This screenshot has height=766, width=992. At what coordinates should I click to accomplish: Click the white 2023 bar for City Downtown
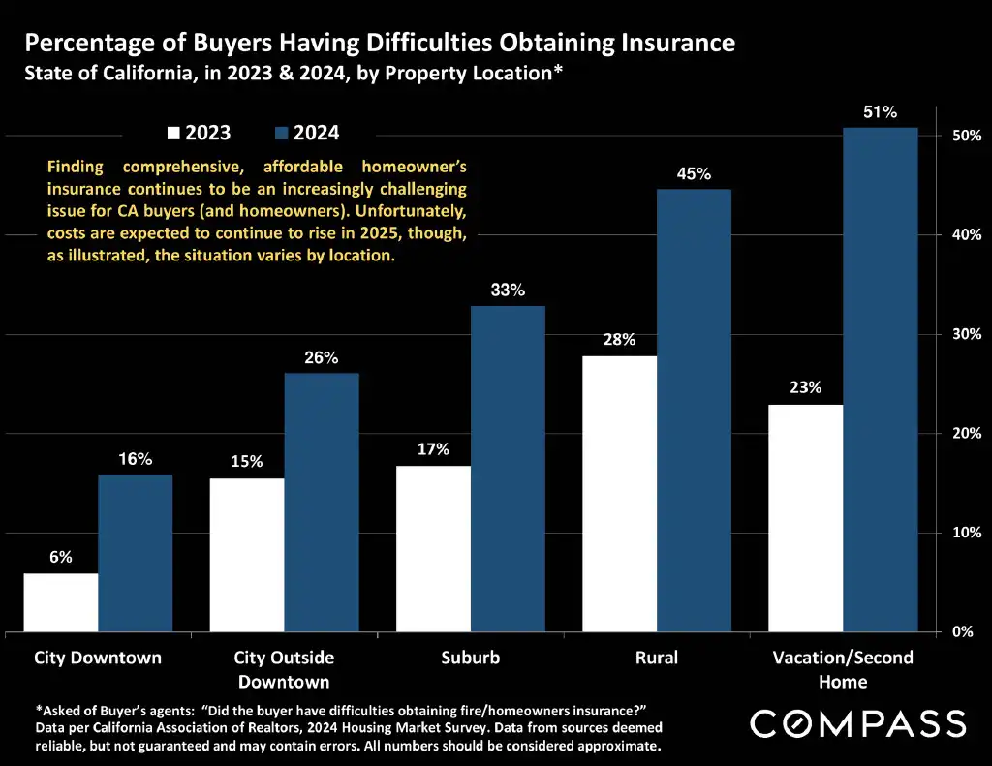61,602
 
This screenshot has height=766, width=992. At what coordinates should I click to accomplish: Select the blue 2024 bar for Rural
694,411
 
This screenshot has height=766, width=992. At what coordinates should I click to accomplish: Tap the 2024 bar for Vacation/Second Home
880,380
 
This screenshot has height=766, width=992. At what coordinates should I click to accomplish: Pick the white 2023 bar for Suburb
433,549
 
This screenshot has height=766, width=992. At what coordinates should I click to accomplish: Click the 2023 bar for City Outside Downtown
247,555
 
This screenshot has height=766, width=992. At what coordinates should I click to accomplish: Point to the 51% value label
880,112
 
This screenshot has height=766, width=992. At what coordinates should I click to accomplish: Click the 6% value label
61,558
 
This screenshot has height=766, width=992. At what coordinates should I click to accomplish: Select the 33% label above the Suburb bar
508,290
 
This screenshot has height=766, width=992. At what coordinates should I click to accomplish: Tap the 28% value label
619,340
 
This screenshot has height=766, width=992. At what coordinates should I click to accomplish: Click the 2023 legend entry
200,133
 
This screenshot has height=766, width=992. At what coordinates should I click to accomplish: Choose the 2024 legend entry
308,133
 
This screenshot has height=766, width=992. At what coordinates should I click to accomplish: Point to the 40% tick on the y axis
965,235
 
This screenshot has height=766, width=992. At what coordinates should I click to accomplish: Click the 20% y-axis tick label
965,434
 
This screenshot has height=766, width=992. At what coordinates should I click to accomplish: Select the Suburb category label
471,658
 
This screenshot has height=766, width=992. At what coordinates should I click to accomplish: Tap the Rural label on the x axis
656,658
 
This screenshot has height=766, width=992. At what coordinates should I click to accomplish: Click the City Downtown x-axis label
98,658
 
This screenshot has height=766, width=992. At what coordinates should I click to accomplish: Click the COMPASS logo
858,723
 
